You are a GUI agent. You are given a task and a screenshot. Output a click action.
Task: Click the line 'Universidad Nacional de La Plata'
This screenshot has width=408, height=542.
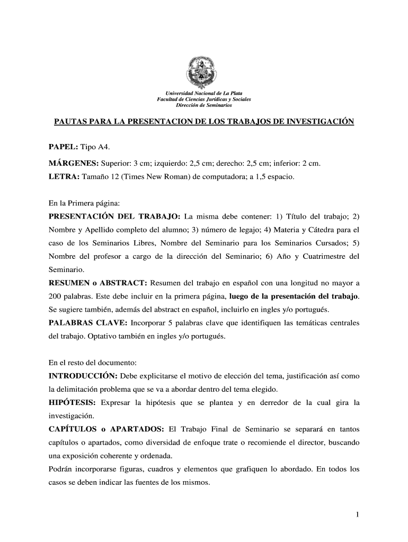pyautogui.click(x=204, y=94)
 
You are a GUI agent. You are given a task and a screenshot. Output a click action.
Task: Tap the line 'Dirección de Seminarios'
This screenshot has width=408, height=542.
pyautogui.click(x=204, y=105)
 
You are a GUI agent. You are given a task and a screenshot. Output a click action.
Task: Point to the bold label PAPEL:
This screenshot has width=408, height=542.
pyautogui.click(x=64, y=146)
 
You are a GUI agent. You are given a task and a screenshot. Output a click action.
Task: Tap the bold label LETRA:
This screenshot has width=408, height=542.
pyautogui.click(x=64, y=177)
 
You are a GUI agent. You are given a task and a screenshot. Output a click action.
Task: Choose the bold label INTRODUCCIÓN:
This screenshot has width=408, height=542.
pyautogui.click(x=83, y=376)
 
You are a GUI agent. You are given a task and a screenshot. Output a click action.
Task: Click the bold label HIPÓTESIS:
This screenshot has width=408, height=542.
pyautogui.click(x=73, y=403)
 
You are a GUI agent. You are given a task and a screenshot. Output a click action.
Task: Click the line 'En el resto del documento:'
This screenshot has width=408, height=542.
pyautogui.click(x=93, y=363)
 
